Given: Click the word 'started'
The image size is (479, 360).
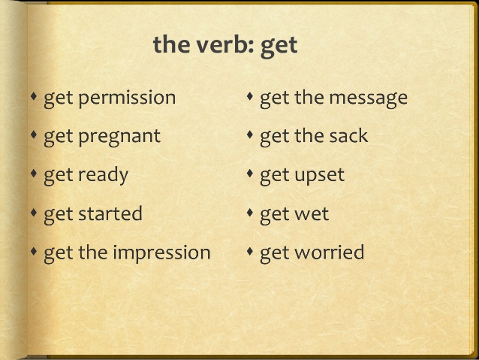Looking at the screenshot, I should pos(110,214).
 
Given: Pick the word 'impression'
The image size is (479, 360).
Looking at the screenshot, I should pos(161,253).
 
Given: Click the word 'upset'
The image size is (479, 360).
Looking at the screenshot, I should pos(318,176).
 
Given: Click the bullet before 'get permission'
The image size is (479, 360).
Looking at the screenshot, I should pos(34,97).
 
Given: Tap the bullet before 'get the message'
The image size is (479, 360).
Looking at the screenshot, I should pos(250,97).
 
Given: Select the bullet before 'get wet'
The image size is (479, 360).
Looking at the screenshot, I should pos(250,213).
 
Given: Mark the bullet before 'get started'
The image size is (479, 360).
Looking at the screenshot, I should pos(34,213).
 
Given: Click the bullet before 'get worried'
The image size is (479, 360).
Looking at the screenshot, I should pos(250,252).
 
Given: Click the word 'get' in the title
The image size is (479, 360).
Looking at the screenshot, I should pos(279,46).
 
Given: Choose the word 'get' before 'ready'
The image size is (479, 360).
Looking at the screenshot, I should pos(58,176).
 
